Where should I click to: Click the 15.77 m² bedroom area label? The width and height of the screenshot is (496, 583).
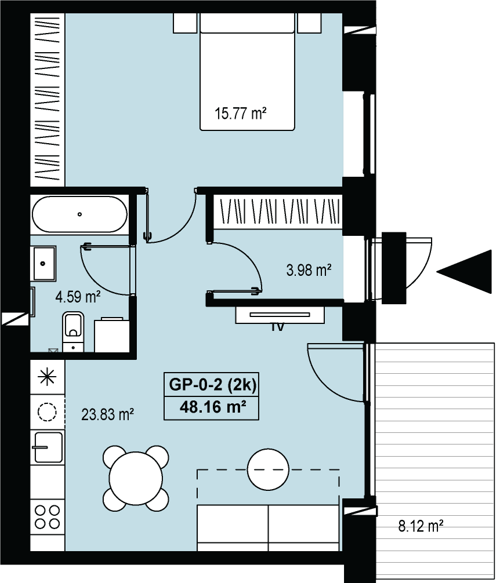[241, 113]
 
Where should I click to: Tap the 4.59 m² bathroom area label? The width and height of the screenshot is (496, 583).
[78, 297]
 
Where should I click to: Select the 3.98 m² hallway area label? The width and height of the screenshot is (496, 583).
[309, 269]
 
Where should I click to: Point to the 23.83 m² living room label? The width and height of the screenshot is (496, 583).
[107, 414]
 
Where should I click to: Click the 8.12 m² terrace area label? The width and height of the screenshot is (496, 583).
[421, 526]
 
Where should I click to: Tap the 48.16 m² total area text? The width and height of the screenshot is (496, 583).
[213, 407]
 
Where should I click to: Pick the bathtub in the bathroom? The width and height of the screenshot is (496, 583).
[79, 214]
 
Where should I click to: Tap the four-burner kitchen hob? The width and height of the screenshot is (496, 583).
[47, 516]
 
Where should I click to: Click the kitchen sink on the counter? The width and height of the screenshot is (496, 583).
[47, 447]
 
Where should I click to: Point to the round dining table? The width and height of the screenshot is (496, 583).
[135, 478]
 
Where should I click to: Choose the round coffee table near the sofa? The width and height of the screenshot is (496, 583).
[269, 469]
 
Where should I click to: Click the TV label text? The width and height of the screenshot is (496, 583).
[277, 327]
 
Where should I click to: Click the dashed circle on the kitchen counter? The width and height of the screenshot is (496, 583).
[47, 412]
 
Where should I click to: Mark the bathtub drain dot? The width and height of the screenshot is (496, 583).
[79, 214]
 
